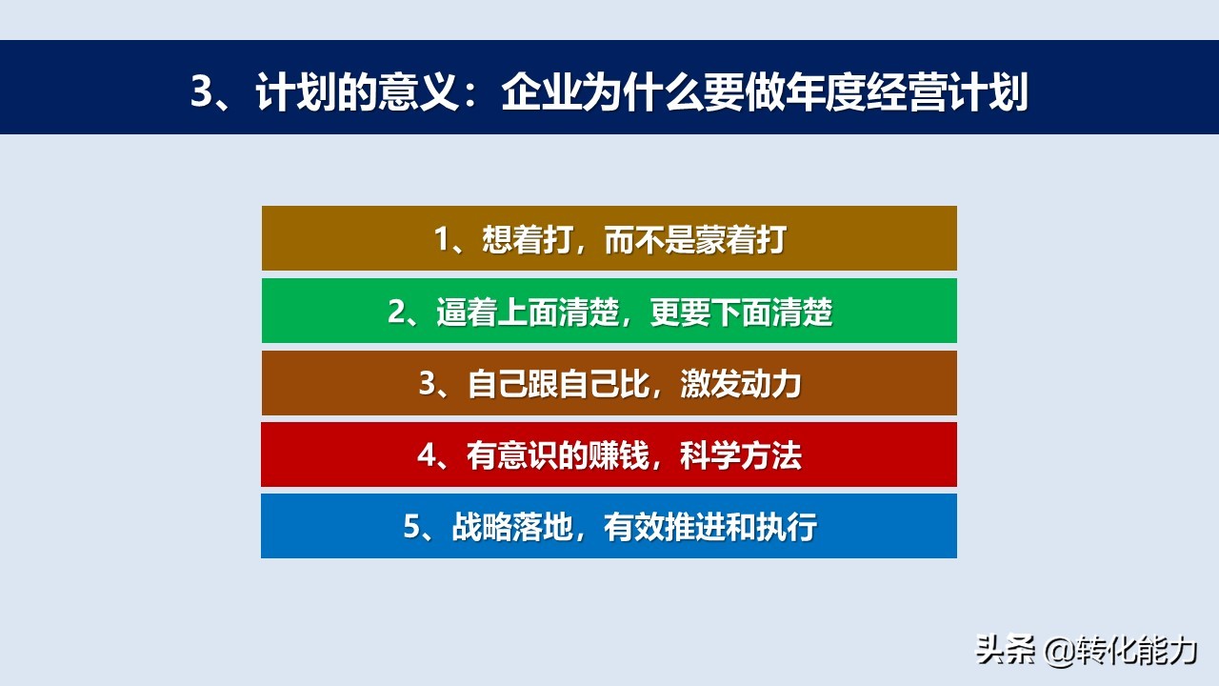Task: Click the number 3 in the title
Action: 203,91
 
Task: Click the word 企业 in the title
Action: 542,91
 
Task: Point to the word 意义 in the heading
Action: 419,91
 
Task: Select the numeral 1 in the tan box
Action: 442,239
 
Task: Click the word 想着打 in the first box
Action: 528,239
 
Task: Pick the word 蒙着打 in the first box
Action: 741,239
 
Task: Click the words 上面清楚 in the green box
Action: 559,312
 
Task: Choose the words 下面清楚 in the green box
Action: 772,312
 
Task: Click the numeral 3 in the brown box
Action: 427,384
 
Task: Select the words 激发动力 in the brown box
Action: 741,384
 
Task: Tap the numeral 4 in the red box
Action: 426,455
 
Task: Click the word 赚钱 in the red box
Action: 619,455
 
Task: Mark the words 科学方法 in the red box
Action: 741,455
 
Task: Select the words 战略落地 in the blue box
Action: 512,527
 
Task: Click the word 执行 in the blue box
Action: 787,527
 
